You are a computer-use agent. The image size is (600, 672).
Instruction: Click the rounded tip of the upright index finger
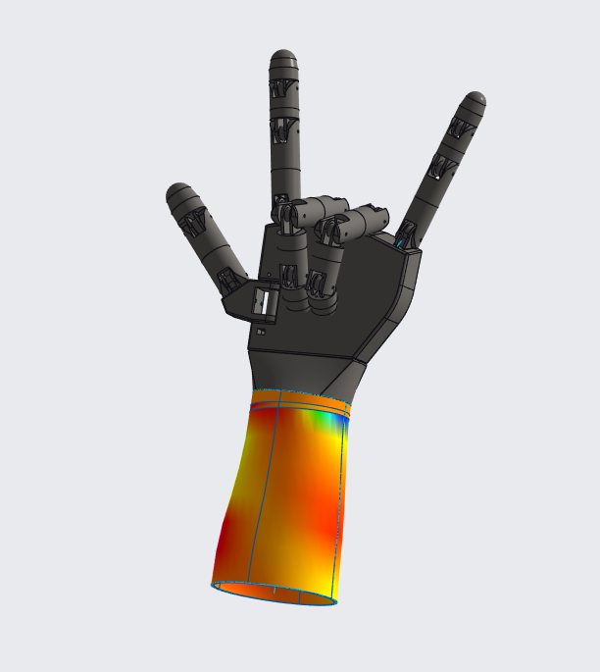284,59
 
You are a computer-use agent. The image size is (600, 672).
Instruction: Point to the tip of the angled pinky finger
475,101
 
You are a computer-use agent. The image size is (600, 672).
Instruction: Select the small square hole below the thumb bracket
260,333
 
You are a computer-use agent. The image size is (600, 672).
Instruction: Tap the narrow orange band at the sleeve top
294,399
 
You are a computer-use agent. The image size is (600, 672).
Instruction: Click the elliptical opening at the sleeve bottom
275,594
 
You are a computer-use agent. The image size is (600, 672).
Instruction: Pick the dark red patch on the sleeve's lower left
227,535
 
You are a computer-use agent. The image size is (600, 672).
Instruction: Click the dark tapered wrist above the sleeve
294,373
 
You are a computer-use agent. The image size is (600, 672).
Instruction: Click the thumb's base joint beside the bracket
231,281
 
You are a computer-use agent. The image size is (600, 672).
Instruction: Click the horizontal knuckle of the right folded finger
363,222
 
